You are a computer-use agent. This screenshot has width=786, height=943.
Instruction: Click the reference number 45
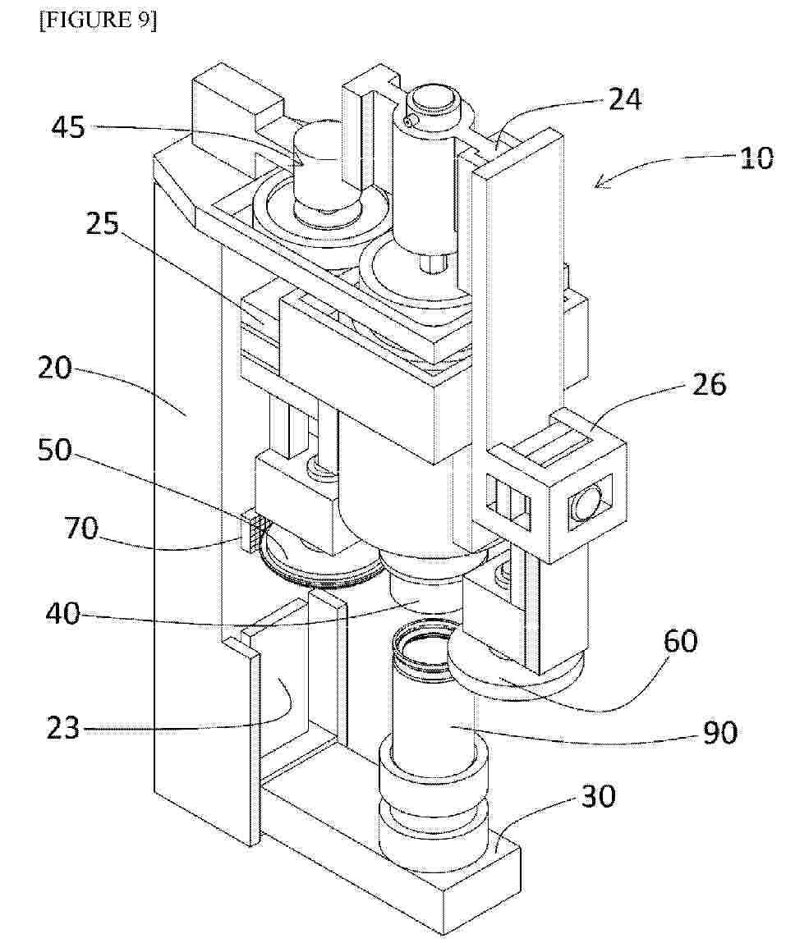[x=68, y=127]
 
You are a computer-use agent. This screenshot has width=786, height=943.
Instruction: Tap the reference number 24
[x=625, y=99]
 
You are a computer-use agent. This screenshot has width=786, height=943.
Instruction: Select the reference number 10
[x=756, y=158]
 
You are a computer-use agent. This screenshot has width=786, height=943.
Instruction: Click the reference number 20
[x=55, y=368]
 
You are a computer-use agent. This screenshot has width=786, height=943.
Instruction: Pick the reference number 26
[x=709, y=384]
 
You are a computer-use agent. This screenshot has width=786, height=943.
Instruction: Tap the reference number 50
[x=54, y=450]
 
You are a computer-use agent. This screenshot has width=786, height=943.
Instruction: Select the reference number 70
[x=82, y=529]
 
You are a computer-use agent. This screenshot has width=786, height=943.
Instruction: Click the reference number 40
[x=63, y=614]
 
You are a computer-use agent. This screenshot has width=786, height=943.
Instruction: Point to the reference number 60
[x=681, y=642]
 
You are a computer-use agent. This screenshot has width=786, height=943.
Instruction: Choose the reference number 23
[x=63, y=728]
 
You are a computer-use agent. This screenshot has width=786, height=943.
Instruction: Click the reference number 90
[x=719, y=733]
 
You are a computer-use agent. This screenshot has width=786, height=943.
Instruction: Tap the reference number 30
[x=598, y=797]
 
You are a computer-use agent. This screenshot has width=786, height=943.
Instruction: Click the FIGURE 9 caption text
[x=98, y=21]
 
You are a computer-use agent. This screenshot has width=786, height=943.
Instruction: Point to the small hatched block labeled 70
[x=250, y=529]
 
